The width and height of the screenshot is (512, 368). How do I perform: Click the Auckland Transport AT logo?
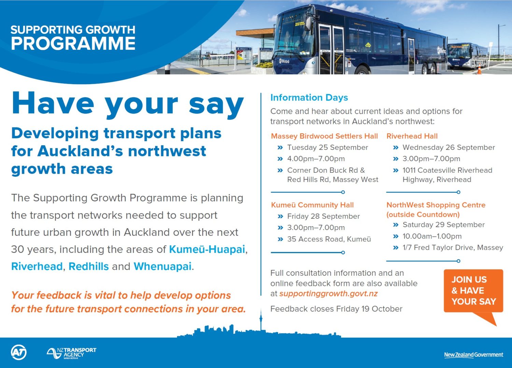click(x=19, y=352)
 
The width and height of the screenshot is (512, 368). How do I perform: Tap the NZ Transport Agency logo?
click(x=71, y=353)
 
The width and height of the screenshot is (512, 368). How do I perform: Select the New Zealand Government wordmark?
click(x=474, y=355)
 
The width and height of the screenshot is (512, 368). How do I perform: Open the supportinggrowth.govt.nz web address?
click(x=328, y=294)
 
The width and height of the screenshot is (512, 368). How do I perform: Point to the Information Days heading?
click(x=309, y=98)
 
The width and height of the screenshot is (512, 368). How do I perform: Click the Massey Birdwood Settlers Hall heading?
click(x=324, y=136)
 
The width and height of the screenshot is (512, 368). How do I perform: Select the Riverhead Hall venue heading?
click(x=412, y=136)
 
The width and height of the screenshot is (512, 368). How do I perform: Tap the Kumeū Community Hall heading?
click(x=312, y=205)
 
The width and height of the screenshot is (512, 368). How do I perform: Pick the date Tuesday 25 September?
click(x=328, y=148)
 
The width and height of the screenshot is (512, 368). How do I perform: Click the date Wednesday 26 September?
click(x=449, y=148)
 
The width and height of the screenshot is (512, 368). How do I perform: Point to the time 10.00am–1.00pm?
click(x=432, y=236)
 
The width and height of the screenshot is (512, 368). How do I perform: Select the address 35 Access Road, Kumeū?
click(x=329, y=239)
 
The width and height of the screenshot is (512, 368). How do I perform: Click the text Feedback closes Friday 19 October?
click(x=336, y=309)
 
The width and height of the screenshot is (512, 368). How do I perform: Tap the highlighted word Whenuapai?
click(x=162, y=266)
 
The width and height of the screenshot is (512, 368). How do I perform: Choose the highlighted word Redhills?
click(x=89, y=266)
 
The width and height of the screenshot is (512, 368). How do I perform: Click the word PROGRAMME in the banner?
click(x=73, y=43)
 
